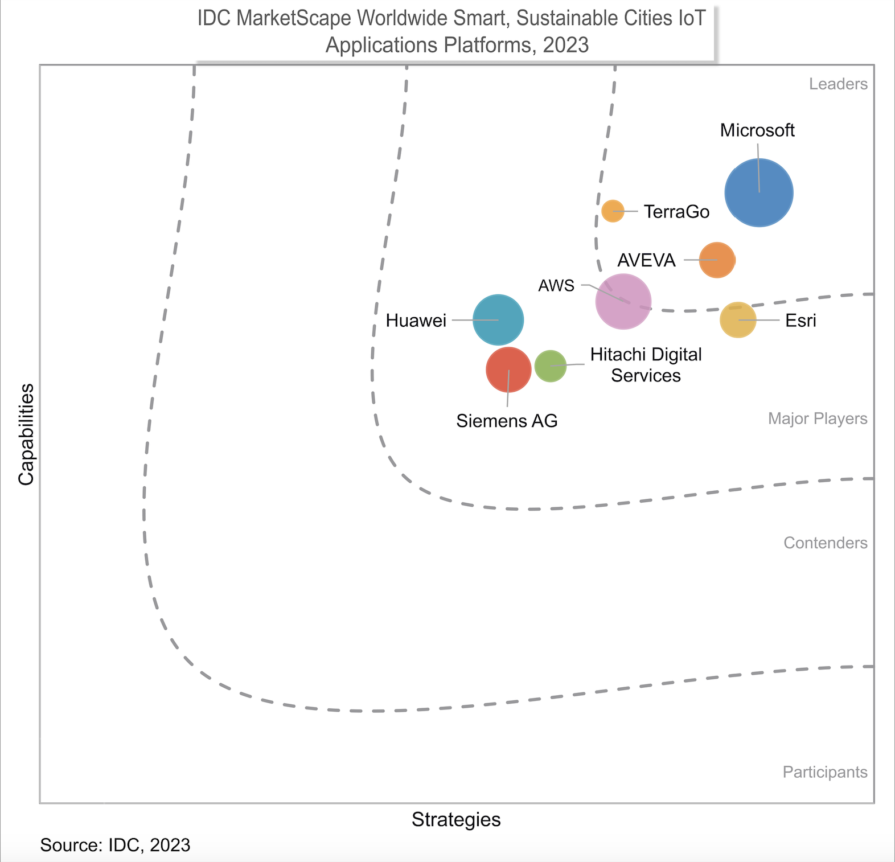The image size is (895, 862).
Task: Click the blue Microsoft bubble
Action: pyautogui.click(x=759, y=192)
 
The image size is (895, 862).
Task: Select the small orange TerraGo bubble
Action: pyautogui.click(x=613, y=211)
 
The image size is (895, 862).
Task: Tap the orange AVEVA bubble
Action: pyautogui.click(x=717, y=260)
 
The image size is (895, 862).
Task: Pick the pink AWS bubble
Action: pyautogui.click(x=623, y=301)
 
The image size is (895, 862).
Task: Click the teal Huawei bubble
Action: pyautogui.click(x=498, y=320)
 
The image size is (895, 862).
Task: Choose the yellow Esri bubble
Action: pyautogui.click(x=738, y=320)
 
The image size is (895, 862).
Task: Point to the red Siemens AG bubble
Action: pyautogui.click(x=508, y=370)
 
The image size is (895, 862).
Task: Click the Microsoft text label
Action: pyautogui.click(x=757, y=130)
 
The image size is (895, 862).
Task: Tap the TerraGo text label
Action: pyautogui.click(x=677, y=212)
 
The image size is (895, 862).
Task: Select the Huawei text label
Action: pyautogui.click(x=416, y=321)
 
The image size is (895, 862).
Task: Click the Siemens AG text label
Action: pyautogui.click(x=507, y=421)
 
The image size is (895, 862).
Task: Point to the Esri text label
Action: pyautogui.click(x=800, y=321)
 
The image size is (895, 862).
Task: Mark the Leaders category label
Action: pyautogui.click(x=838, y=84)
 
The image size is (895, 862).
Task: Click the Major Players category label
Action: pyautogui.click(x=818, y=419)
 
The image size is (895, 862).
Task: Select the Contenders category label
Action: pyautogui.click(x=826, y=543)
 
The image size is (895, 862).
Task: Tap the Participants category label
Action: pyautogui.click(x=825, y=773)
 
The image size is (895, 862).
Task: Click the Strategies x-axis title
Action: pyautogui.click(x=456, y=820)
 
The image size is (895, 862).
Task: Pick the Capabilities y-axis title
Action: pyautogui.click(x=26, y=434)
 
